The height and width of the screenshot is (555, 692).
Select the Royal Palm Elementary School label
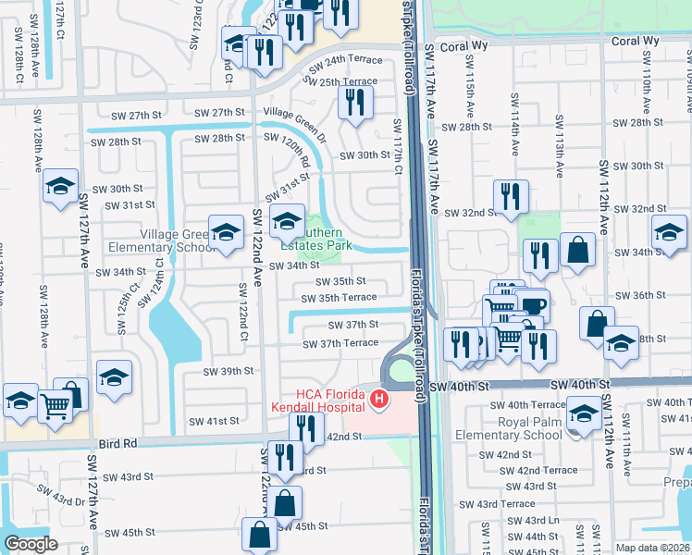tap(514, 428)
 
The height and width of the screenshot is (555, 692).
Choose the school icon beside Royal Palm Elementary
tap(585, 413)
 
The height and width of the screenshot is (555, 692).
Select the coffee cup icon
tap(534, 304)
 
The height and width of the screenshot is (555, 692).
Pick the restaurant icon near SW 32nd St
tap(511, 195)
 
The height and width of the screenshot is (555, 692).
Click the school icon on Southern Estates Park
tap(287, 220)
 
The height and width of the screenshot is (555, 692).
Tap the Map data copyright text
tap(652, 548)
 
